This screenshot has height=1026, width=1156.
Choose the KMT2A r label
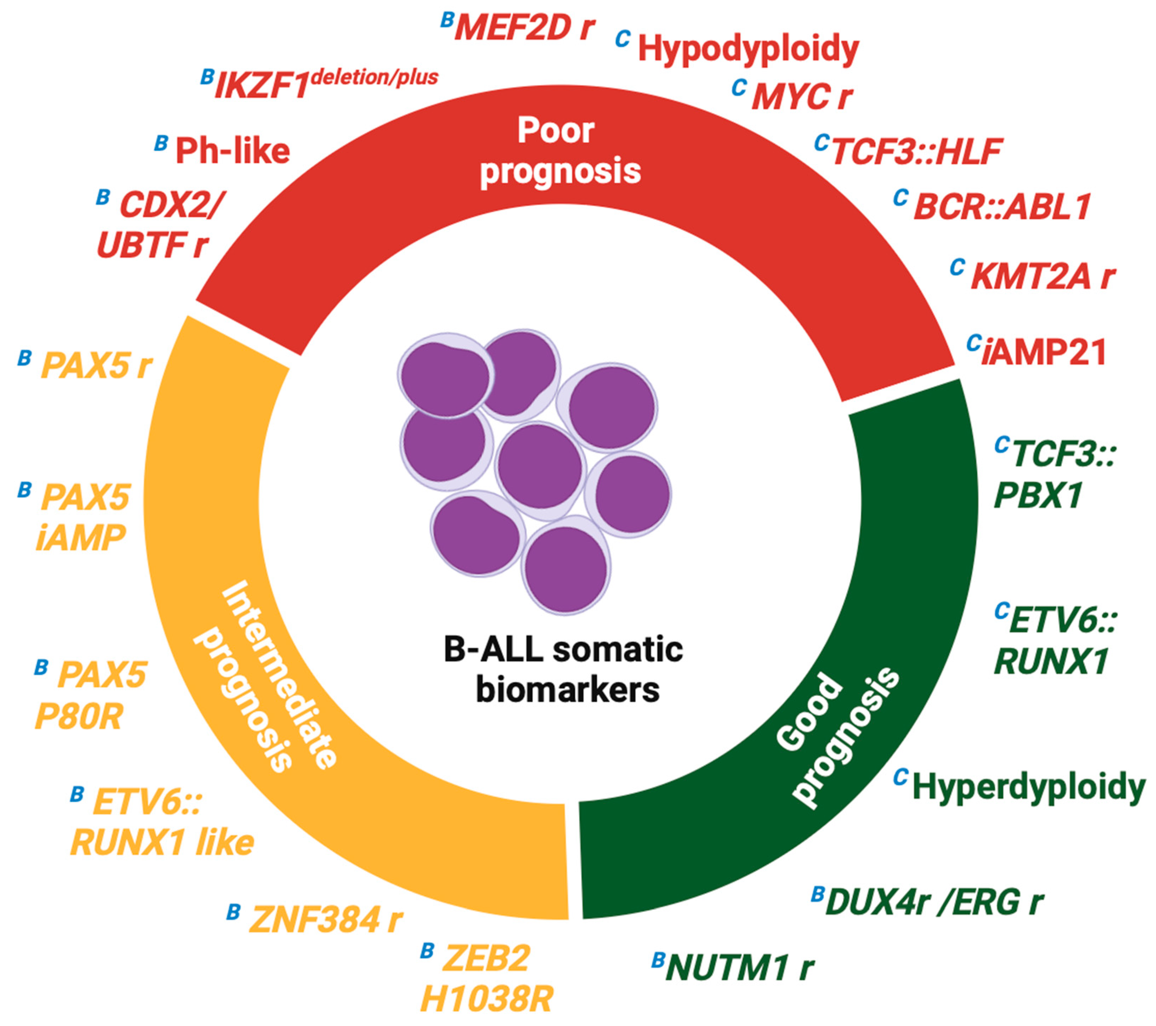tap(1042, 277)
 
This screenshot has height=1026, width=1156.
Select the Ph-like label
tap(233, 151)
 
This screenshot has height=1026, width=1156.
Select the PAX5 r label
tap(97, 366)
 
